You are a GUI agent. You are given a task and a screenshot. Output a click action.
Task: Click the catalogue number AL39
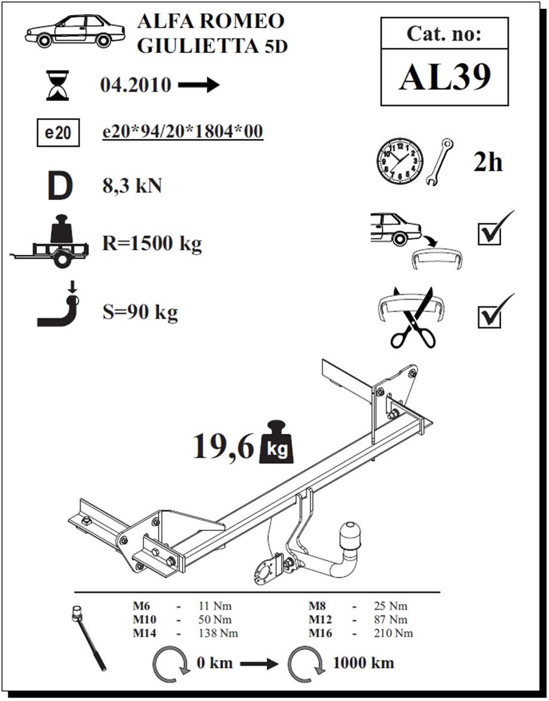(x=445, y=77)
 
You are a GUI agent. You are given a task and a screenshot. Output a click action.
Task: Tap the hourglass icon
(x=58, y=85)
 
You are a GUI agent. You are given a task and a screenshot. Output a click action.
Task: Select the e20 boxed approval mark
(x=58, y=133)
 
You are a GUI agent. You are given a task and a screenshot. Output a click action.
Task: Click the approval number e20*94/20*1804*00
(x=183, y=132)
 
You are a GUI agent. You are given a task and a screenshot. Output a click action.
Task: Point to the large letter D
(x=60, y=186)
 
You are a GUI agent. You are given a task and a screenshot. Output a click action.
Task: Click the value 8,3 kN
(x=132, y=186)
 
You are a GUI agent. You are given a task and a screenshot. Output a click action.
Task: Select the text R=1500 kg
(x=152, y=244)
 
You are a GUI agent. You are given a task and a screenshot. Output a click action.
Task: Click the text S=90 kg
(x=140, y=312)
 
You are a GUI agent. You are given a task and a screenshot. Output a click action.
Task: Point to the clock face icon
(x=400, y=161)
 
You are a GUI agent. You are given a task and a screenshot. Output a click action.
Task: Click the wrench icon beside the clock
(x=440, y=162)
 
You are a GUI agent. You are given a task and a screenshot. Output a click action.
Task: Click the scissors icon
(x=413, y=318)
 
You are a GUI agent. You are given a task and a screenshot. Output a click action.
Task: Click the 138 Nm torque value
(x=218, y=633)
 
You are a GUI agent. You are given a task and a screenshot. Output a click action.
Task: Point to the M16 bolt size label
(x=320, y=633)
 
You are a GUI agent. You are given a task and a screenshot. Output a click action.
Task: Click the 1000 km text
(x=363, y=663)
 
